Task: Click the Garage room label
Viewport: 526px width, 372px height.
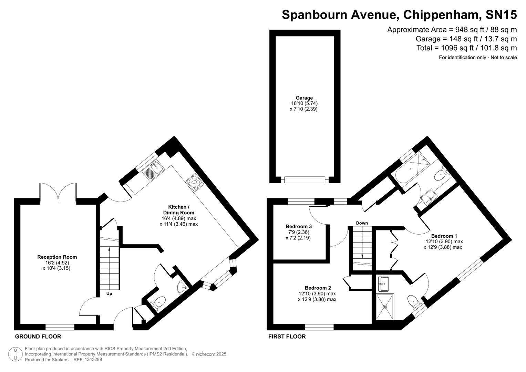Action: point(304,98)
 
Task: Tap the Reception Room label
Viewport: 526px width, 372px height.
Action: point(57,257)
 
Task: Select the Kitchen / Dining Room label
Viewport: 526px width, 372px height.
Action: point(178,210)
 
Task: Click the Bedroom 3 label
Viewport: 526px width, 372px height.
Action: point(299,227)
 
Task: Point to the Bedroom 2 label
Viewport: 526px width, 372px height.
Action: point(318,288)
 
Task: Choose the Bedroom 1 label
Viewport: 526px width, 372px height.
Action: point(444,236)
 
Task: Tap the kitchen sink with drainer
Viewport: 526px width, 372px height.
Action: point(153,170)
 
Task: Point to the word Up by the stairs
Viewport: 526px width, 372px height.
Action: point(109,294)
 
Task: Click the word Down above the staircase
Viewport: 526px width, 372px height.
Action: point(362,223)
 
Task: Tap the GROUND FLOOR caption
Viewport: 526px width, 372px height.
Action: point(38,337)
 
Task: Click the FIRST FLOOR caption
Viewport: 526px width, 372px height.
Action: point(287,337)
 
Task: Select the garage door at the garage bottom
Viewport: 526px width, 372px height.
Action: point(304,179)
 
